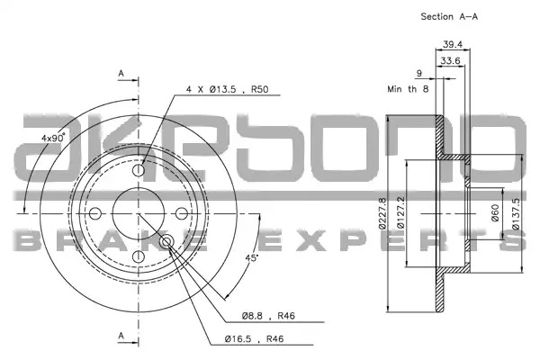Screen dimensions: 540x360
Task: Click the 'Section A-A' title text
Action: click(449, 16)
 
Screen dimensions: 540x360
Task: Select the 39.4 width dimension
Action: click(453, 44)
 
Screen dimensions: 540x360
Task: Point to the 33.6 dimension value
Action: click(451, 60)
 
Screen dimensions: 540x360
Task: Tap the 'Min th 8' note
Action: click(408, 89)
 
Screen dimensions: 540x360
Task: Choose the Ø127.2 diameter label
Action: click(400, 212)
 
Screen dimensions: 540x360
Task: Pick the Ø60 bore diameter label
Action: click(495, 213)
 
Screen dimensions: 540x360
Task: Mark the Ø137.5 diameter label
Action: click(516, 213)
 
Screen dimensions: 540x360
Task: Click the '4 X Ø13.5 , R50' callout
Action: click(228, 90)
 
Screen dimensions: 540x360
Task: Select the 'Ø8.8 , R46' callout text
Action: click(268, 316)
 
